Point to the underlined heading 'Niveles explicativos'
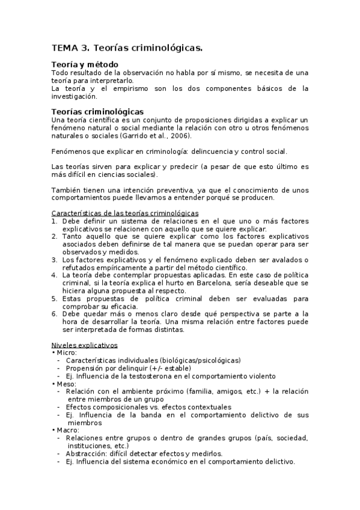(x=84, y=345)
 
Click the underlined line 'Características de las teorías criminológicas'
(x=125, y=214)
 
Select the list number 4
(x=54, y=275)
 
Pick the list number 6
(x=54, y=313)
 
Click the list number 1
(x=54, y=221)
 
